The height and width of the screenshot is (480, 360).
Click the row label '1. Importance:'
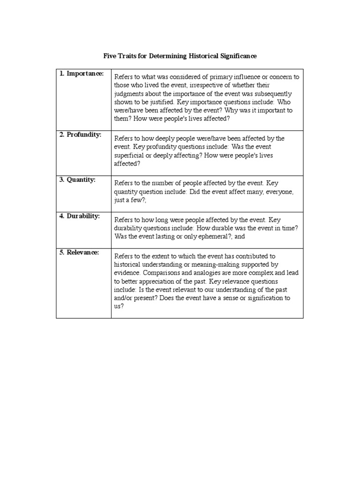[81, 74]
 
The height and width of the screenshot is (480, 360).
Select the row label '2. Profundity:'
[81, 135]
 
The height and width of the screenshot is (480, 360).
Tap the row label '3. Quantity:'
[77, 180]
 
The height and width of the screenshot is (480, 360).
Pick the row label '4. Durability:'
[80, 216]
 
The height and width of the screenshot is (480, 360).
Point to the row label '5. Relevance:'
[79, 252]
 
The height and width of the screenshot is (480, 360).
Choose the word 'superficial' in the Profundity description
[130, 155]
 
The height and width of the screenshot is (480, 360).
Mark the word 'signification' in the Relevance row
[265, 298]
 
